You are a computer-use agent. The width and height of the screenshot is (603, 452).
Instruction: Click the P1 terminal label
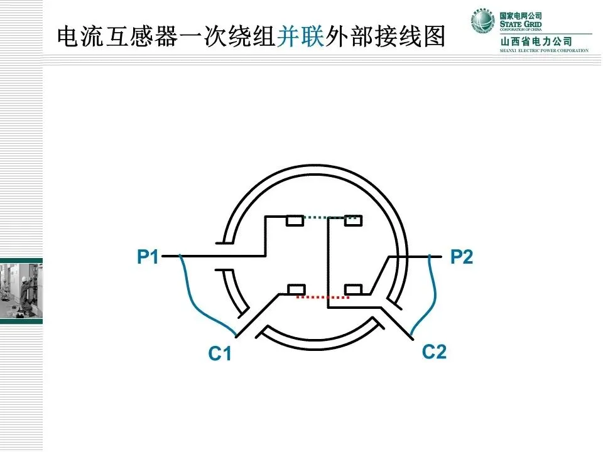[x=148, y=257]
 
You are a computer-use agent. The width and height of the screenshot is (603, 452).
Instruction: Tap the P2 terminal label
[x=462, y=257]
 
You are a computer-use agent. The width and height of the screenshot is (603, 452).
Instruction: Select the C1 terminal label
[x=220, y=355]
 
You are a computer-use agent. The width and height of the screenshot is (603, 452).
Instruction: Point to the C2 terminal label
[x=434, y=352]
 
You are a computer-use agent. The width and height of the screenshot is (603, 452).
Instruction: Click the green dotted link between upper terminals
[x=325, y=218]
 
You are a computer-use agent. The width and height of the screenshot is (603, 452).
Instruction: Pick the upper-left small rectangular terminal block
[x=295, y=220]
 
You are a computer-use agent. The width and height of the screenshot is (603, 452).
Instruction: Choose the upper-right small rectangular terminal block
[x=353, y=220]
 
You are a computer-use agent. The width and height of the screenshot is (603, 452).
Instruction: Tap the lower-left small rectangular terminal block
[x=296, y=289]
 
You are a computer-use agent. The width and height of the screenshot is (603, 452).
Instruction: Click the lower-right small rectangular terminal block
[x=353, y=289]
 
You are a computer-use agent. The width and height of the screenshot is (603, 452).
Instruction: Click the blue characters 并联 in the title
[x=300, y=36]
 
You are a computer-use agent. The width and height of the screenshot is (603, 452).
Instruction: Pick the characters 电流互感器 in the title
[x=111, y=36]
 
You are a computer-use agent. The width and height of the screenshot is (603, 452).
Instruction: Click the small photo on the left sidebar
[x=21, y=289]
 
